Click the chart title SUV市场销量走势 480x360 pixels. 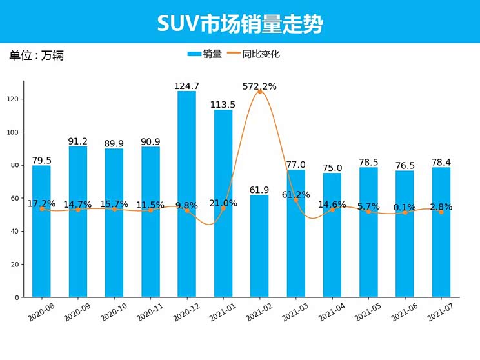point(239,23)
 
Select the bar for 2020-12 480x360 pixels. point(186,194)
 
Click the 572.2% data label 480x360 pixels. point(259,86)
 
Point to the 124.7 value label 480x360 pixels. point(186,86)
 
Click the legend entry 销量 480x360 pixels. point(205,54)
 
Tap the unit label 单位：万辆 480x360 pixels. point(36,55)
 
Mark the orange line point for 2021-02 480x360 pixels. point(260,92)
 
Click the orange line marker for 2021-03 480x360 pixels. point(296,200)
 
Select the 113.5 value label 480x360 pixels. point(223,105)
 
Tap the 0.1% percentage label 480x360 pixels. point(405,208)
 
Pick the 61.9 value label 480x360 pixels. point(259,190)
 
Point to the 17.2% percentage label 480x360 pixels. point(41,204)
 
